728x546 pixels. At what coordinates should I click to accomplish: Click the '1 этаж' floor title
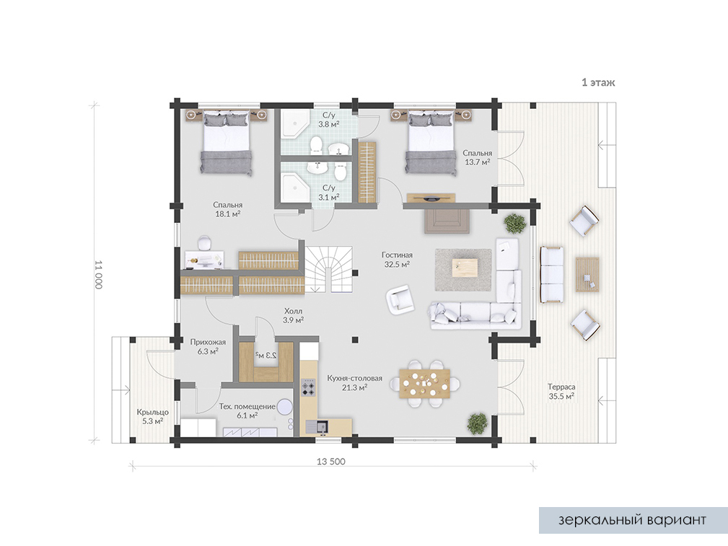pos(598,83)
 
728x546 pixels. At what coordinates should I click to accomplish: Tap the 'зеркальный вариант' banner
pos(633,520)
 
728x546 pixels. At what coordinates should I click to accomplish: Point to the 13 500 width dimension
pos(331,462)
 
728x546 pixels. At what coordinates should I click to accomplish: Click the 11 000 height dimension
pos(98,274)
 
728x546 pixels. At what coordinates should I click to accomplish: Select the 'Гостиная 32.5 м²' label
pos(397,260)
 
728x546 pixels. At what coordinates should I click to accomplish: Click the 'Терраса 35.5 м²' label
pos(561,392)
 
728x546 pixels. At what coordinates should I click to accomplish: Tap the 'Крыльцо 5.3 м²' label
pos(153,416)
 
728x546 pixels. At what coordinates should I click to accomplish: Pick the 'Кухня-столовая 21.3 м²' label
pos(355,382)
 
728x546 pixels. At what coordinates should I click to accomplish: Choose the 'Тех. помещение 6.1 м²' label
pos(247,411)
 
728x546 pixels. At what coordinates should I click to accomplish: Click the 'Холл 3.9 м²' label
pos(294,315)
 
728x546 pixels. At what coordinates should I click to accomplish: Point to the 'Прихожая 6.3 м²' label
pos(208,347)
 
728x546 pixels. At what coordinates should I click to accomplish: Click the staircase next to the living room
pos(329,270)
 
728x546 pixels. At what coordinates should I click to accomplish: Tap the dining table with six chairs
pos(424,384)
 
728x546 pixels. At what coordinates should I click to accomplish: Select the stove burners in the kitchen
pos(308,387)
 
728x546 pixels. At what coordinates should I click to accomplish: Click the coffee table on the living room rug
pos(465,268)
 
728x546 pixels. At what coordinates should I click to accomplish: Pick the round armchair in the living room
pos(400,299)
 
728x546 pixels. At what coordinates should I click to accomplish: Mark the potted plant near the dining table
pos(478,423)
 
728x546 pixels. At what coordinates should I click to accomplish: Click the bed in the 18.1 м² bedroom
pos(227,143)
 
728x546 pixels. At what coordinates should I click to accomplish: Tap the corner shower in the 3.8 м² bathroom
pos(295,123)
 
